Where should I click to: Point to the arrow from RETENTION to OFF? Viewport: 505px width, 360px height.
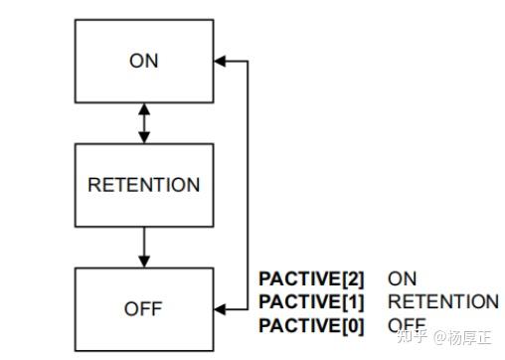click(144, 247)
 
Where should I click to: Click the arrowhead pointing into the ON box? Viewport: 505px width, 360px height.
click(221, 62)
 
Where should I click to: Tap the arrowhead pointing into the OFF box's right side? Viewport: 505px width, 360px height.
click(221, 308)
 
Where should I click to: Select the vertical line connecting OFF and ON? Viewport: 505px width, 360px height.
click(247, 185)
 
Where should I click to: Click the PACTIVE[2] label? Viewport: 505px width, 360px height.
click(311, 279)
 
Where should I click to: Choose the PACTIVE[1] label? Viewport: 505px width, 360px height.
click(311, 302)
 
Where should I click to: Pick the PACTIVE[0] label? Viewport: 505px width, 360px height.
click(311, 325)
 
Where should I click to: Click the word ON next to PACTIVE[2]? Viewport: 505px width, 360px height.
click(403, 279)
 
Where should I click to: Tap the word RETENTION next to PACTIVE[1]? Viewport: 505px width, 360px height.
click(443, 302)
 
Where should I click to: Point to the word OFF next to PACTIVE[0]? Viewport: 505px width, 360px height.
click(407, 325)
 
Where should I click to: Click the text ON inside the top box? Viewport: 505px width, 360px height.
click(143, 62)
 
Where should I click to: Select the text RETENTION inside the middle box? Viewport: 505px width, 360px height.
click(143, 185)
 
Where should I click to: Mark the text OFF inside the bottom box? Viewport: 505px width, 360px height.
click(143, 308)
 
